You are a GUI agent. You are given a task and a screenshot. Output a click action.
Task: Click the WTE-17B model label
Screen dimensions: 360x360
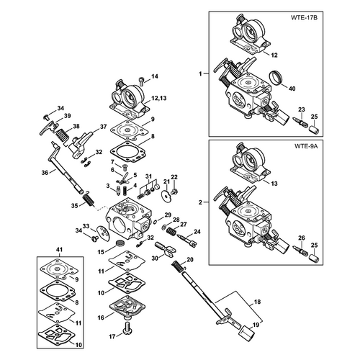[x=304, y=17]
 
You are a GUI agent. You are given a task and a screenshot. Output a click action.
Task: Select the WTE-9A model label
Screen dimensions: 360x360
[x=306, y=146]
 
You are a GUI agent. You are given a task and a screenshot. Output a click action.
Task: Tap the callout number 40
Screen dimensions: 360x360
[x=292, y=89]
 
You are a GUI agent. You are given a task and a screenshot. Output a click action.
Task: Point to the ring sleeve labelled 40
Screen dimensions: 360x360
[x=276, y=77]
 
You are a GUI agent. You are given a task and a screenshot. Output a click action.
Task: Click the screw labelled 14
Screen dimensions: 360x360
[x=143, y=81]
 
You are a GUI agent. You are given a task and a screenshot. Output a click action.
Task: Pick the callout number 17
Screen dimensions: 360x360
[x=112, y=337]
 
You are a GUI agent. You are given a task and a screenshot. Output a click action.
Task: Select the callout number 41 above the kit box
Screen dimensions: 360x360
[x=59, y=250]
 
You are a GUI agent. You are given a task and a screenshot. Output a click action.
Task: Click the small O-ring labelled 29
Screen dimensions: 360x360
[x=156, y=221]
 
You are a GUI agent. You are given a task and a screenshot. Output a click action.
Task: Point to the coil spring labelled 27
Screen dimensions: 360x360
[x=171, y=232]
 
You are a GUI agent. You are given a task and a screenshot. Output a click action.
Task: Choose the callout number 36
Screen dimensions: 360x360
[x=45, y=172]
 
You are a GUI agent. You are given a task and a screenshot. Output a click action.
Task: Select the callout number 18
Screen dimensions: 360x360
[x=257, y=302]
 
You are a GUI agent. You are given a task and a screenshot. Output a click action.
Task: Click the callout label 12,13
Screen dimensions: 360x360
[x=159, y=98]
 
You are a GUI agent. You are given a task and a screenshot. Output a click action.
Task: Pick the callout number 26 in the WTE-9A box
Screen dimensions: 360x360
[x=302, y=238]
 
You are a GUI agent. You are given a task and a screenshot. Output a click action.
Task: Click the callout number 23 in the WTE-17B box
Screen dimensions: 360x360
[x=302, y=109]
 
